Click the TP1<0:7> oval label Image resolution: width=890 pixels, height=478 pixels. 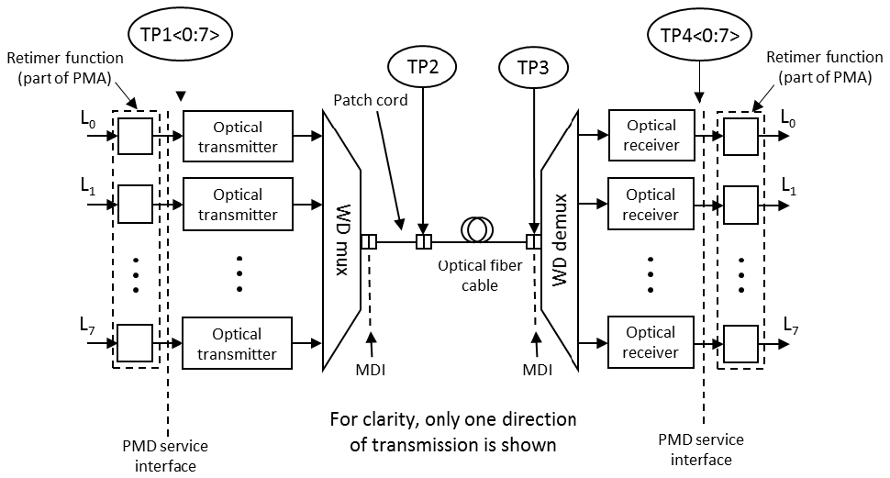(x=181, y=35)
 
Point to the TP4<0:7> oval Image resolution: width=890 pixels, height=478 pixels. (x=699, y=35)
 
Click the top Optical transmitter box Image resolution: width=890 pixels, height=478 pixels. (x=238, y=137)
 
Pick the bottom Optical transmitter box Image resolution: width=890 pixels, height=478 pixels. (x=238, y=344)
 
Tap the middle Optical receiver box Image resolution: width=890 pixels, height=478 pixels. (x=651, y=205)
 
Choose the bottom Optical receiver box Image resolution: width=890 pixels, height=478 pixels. (x=651, y=342)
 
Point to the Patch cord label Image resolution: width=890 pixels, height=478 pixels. (x=371, y=99)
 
